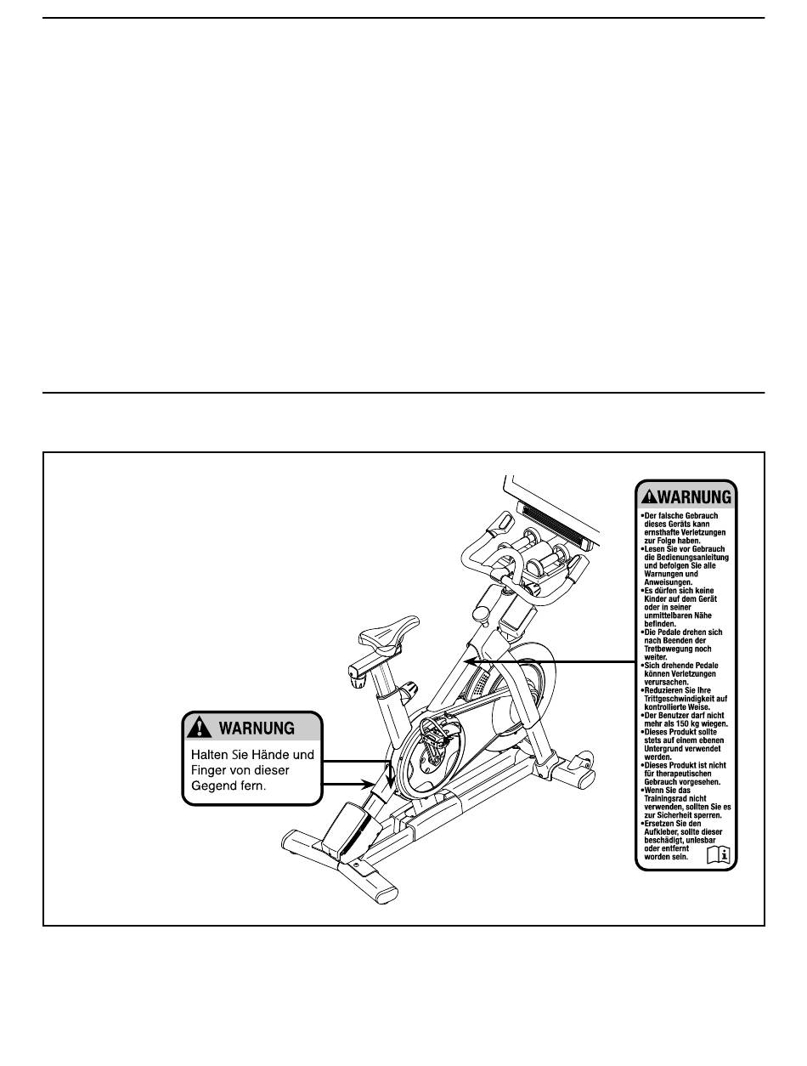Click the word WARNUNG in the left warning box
tap(257, 729)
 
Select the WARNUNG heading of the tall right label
tap(694, 496)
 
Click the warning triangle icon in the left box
tap(200, 728)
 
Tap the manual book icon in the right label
tap(719, 854)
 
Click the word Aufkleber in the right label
tap(665, 830)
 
